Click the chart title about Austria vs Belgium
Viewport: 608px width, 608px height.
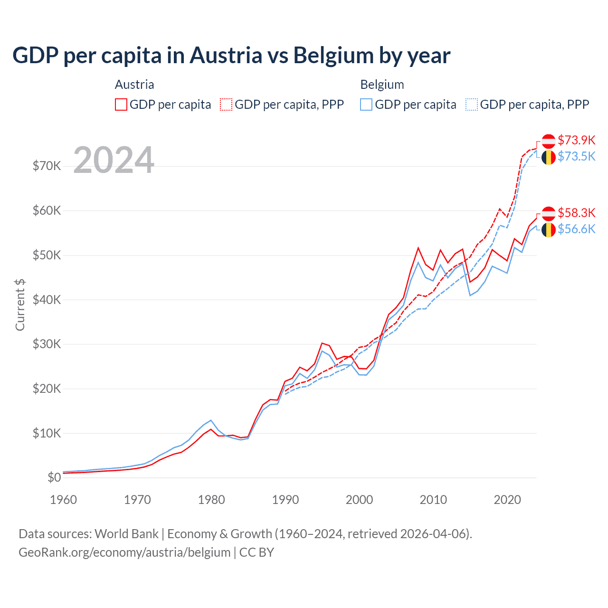[x=231, y=56]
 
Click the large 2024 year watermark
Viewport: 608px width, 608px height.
[x=114, y=161]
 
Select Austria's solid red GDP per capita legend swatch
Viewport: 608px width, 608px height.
[x=121, y=104]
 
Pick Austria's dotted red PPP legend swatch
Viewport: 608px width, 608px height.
[x=226, y=104]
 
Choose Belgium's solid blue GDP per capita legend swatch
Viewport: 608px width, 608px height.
[x=366, y=104]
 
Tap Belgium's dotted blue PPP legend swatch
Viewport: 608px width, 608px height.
[x=472, y=104]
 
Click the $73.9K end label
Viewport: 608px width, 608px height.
[x=576, y=140]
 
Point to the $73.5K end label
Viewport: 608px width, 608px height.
[x=576, y=156]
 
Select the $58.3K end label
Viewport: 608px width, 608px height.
[x=576, y=213]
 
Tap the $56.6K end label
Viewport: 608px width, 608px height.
[x=576, y=229]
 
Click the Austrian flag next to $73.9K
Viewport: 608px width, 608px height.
[x=549, y=141]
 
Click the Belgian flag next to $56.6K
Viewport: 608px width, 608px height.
[x=549, y=230]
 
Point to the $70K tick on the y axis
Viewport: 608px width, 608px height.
[x=47, y=166]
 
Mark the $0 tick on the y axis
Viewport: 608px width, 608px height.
[x=54, y=478]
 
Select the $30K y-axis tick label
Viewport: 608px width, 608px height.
[x=47, y=344]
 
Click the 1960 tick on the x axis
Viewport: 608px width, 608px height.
[x=63, y=500]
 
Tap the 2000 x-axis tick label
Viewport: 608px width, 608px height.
[x=360, y=500]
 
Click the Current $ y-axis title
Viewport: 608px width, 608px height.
[x=20, y=305]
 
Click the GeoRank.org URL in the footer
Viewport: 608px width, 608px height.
[x=124, y=552]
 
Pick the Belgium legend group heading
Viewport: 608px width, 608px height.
[x=382, y=85]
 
